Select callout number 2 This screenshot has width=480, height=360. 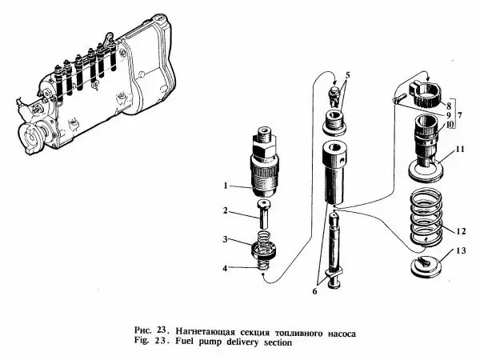click(x=226, y=212)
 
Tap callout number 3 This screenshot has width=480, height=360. click(x=226, y=239)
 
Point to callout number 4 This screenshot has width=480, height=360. click(x=226, y=267)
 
